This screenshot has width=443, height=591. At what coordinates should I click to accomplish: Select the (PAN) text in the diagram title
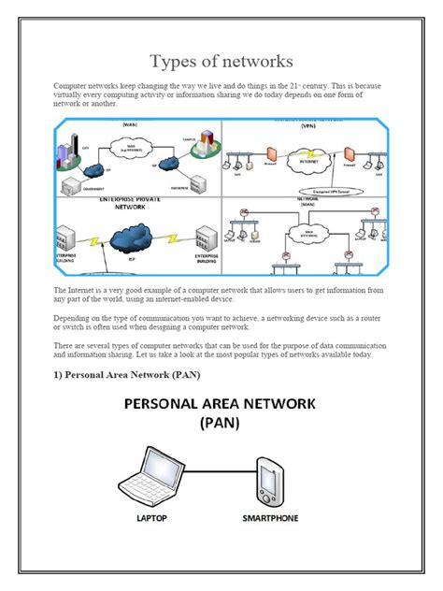coord(221,422)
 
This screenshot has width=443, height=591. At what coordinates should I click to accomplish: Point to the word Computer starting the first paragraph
coord(72,84)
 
